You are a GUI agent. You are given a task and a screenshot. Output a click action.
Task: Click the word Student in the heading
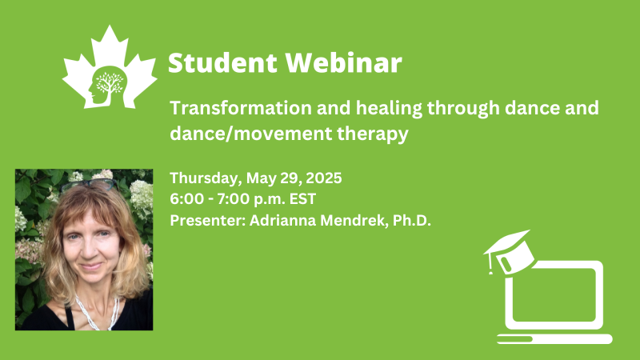pos(222,63)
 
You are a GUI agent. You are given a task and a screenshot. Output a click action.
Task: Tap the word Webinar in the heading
pos(344,63)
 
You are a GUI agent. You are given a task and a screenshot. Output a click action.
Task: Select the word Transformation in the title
pos(240,108)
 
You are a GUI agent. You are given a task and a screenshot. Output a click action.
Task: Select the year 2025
pos(324,178)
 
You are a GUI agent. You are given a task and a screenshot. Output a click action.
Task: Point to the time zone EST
pos(302,199)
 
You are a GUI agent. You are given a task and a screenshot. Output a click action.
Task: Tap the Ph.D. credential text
pos(412,221)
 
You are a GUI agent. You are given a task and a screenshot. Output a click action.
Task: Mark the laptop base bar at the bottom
pos(554,338)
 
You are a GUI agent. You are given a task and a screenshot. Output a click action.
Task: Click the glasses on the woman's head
pos(89,186)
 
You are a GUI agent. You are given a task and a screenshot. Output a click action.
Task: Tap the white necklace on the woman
pos(97,313)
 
